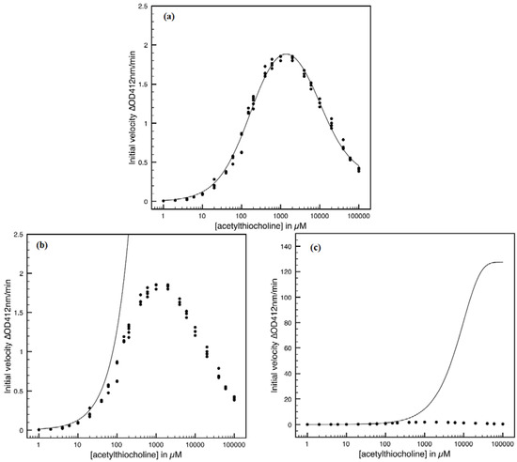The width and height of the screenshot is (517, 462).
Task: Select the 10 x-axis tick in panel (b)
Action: [77, 442]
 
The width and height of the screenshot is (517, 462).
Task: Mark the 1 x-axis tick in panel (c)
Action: [305, 441]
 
